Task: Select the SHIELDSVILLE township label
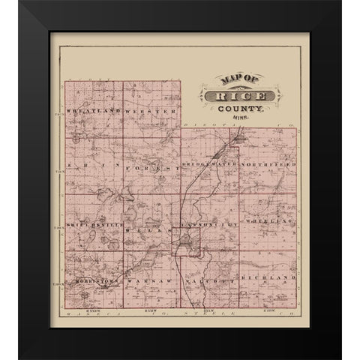tap(93, 224)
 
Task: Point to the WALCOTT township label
tap(211, 278)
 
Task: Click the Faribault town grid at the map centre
tap(184, 244)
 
